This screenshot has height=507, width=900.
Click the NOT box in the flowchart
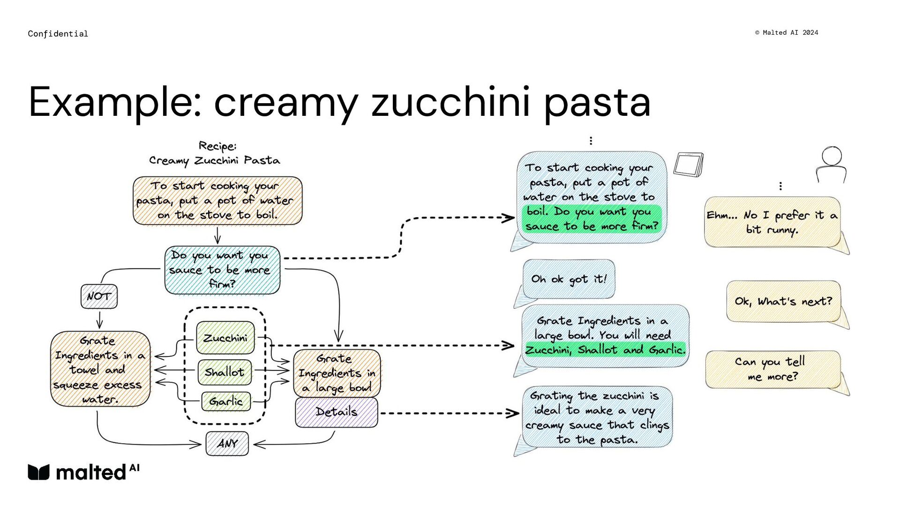99,296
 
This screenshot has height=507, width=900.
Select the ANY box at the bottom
227,443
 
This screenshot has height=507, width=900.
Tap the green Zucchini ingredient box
225,338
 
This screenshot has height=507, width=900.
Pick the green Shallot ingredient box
225,372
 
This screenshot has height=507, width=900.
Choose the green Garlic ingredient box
226,401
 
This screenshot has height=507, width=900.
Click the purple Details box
337,412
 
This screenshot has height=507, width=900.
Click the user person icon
832,165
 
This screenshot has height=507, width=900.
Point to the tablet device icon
689,165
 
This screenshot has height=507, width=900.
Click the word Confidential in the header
58,34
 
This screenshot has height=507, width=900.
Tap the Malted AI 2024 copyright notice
787,32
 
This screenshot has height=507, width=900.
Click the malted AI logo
83,472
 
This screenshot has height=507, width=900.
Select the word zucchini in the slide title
450,102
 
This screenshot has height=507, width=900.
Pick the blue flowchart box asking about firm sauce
222,270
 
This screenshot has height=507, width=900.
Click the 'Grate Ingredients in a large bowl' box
337,373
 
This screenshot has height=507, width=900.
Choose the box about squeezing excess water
100,369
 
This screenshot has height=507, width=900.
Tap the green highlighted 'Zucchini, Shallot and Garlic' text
605,350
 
